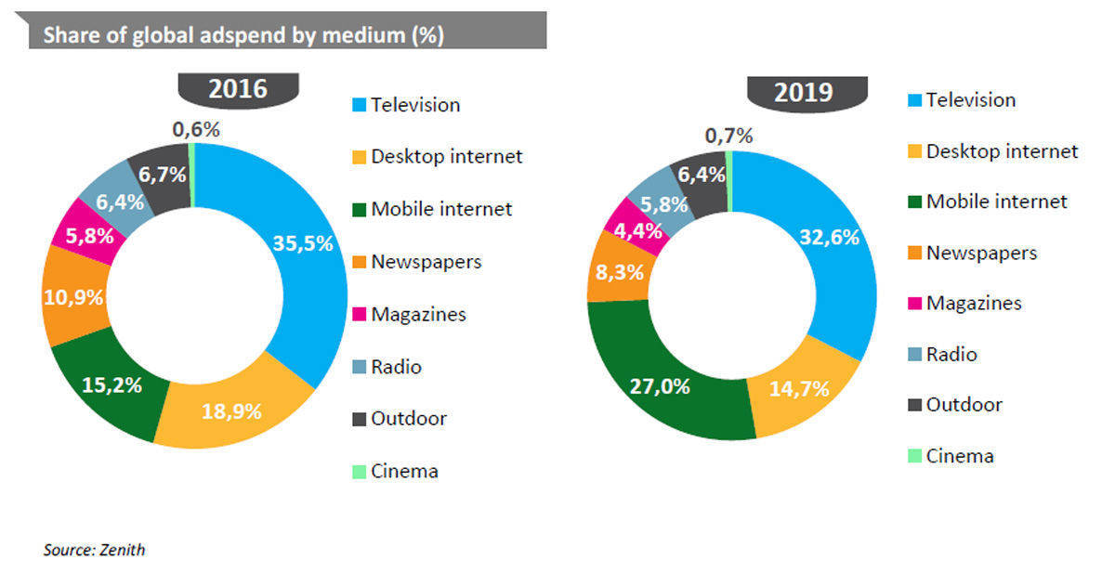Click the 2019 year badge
coord(806,93)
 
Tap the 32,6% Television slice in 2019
coord(830,238)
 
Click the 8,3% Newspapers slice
coord(614,273)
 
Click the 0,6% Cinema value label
coord(196,130)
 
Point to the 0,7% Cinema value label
coord(728,137)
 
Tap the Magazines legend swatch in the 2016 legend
coord(359,315)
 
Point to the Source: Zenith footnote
coord(94,550)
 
